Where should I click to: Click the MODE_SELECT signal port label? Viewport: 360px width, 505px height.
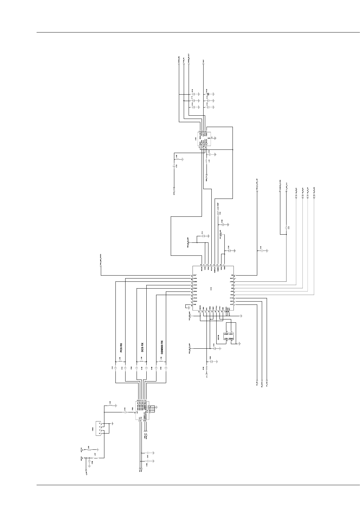(189, 58)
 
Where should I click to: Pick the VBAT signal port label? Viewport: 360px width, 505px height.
(203, 61)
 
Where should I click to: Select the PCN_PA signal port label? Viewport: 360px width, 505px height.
(184, 61)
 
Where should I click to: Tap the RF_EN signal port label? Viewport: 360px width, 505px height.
(257, 384)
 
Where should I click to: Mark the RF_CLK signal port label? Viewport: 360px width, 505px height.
(267, 385)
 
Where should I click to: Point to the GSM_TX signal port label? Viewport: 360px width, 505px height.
(207, 178)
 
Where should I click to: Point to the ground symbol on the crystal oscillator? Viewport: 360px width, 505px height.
(239, 343)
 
